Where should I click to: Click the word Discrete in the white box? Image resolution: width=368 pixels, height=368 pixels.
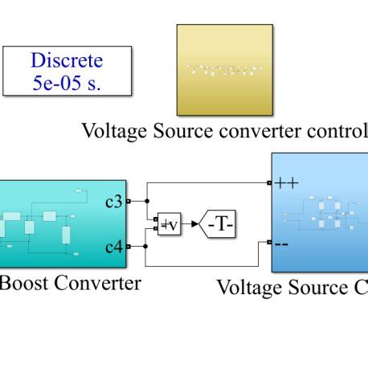67,60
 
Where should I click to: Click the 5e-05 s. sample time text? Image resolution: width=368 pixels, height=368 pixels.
67,83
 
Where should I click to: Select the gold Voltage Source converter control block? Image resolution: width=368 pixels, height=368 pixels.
224,70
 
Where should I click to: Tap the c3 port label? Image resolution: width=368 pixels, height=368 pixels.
114,201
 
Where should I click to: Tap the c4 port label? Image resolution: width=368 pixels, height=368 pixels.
114,247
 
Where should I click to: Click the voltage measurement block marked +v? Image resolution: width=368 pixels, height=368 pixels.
170,224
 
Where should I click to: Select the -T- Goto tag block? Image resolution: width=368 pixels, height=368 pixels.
219,223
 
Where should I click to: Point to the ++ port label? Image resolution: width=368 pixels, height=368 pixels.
286,183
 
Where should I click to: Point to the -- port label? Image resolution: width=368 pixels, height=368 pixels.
282,243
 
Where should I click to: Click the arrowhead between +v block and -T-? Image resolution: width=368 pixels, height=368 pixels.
195,224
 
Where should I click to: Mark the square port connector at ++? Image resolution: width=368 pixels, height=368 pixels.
269,183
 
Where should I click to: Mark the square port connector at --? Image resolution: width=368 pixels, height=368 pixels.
269,242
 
